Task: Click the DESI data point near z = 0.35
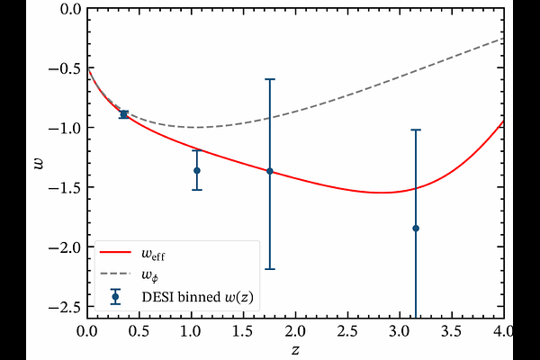click(123, 114)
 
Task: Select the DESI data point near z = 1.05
click(196, 170)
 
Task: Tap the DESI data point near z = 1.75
click(270, 171)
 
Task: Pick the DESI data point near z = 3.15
click(416, 229)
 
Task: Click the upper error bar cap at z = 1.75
click(270, 79)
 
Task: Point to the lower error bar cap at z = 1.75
click(270, 269)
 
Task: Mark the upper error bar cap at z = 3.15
click(416, 130)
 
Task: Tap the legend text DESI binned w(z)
click(199, 295)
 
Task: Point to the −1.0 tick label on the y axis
click(65, 128)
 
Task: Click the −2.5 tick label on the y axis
click(65, 306)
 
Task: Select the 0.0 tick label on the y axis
click(68, 9)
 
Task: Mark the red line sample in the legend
click(115, 256)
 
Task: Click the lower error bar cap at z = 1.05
click(196, 189)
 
